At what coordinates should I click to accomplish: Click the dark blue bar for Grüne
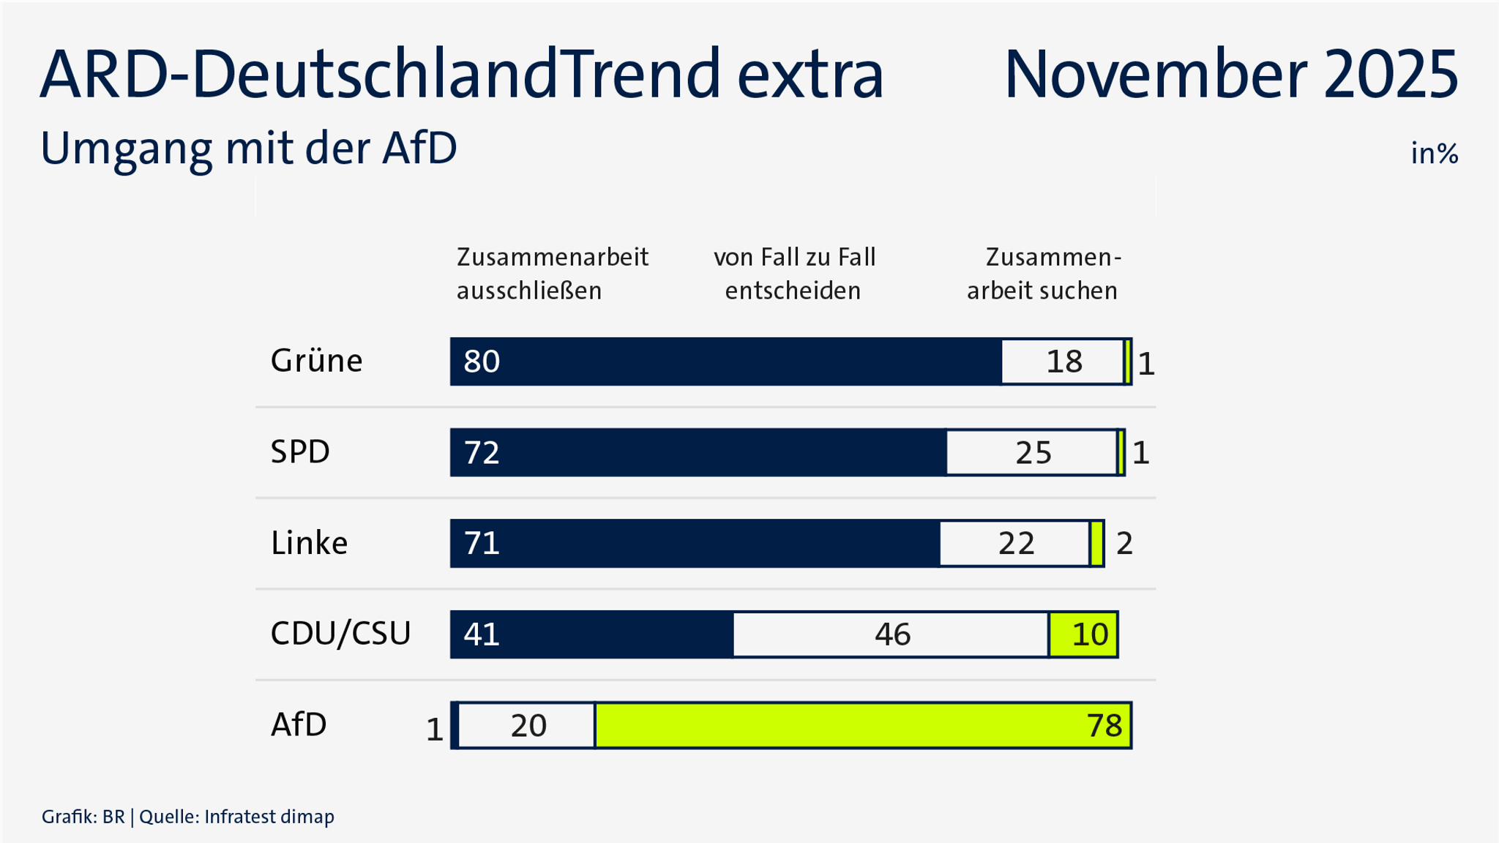725,361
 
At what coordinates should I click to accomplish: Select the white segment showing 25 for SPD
1032,453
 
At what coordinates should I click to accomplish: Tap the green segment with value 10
1083,634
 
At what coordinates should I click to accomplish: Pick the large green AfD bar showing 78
864,725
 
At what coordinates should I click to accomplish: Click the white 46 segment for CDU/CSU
891,634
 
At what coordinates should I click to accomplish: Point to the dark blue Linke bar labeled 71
695,544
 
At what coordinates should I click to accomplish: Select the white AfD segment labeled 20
527,725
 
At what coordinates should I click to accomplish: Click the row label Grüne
316,361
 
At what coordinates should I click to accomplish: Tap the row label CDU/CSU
340,634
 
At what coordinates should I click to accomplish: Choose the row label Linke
309,543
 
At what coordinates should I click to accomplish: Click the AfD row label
299,724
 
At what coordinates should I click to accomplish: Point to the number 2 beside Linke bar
1124,544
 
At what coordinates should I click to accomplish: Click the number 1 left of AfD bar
434,730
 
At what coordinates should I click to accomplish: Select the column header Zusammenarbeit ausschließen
552,274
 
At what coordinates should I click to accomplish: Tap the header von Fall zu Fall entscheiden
794,274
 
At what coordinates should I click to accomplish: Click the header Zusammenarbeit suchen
1044,274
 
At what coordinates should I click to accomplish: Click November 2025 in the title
1230,75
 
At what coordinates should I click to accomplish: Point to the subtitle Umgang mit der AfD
249,149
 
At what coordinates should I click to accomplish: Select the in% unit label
1434,154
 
